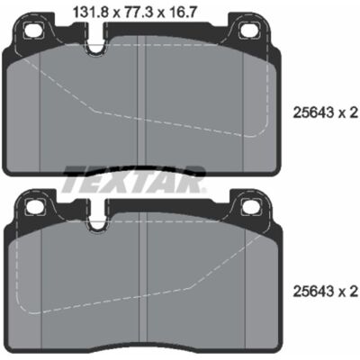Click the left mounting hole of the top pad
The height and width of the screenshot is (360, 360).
coord(32,30)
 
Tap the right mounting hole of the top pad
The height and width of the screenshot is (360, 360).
coord(249,30)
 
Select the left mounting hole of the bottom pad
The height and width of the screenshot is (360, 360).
coord(33,206)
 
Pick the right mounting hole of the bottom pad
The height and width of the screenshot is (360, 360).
coord(251,206)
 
